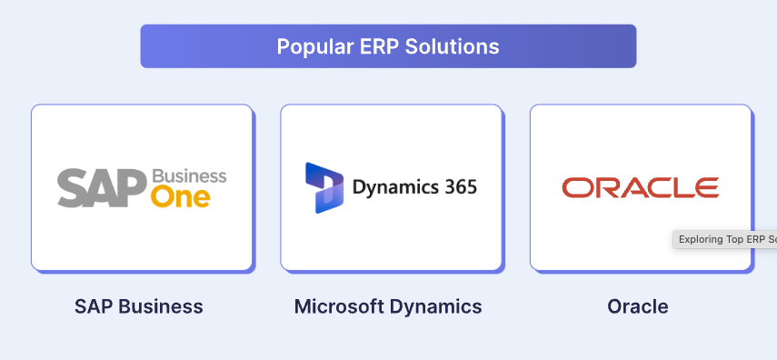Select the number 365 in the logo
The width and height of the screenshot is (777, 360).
click(460, 188)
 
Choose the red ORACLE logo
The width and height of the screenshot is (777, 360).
click(640, 188)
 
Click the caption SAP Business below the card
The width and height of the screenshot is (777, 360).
click(139, 306)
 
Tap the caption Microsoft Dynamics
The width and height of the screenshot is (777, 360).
click(388, 306)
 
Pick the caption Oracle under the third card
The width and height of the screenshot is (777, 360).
click(638, 306)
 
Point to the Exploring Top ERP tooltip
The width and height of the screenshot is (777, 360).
click(725, 240)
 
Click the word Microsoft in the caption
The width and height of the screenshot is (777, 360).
click(338, 306)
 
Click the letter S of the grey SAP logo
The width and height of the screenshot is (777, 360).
click(72, 187)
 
